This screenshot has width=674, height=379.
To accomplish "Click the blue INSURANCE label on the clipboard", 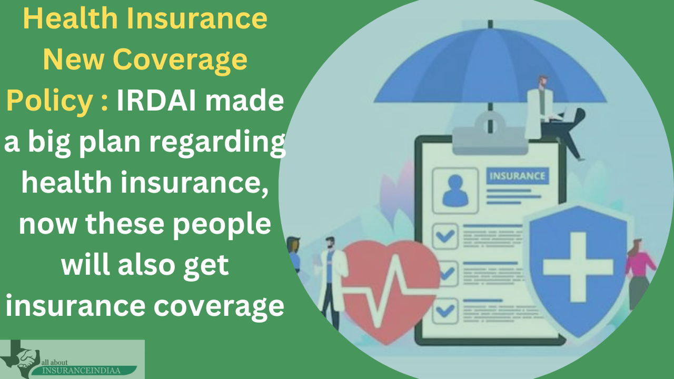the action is [x=518, y=176].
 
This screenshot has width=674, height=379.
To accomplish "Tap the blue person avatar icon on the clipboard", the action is [x=455, y=191].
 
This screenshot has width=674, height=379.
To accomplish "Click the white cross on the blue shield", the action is [x=578, y=267].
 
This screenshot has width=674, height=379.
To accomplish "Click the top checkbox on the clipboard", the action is [x=445, y=236].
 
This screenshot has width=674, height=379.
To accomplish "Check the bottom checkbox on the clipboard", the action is [x=445, y=311].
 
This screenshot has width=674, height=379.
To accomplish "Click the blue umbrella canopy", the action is [x=490, y=67].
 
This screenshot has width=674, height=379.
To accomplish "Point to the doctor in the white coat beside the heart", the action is [x=331, y=281].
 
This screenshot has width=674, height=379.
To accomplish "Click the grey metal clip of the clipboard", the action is [x=490, y=137].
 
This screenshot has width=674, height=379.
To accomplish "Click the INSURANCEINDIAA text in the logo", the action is [x=81, y=370].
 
